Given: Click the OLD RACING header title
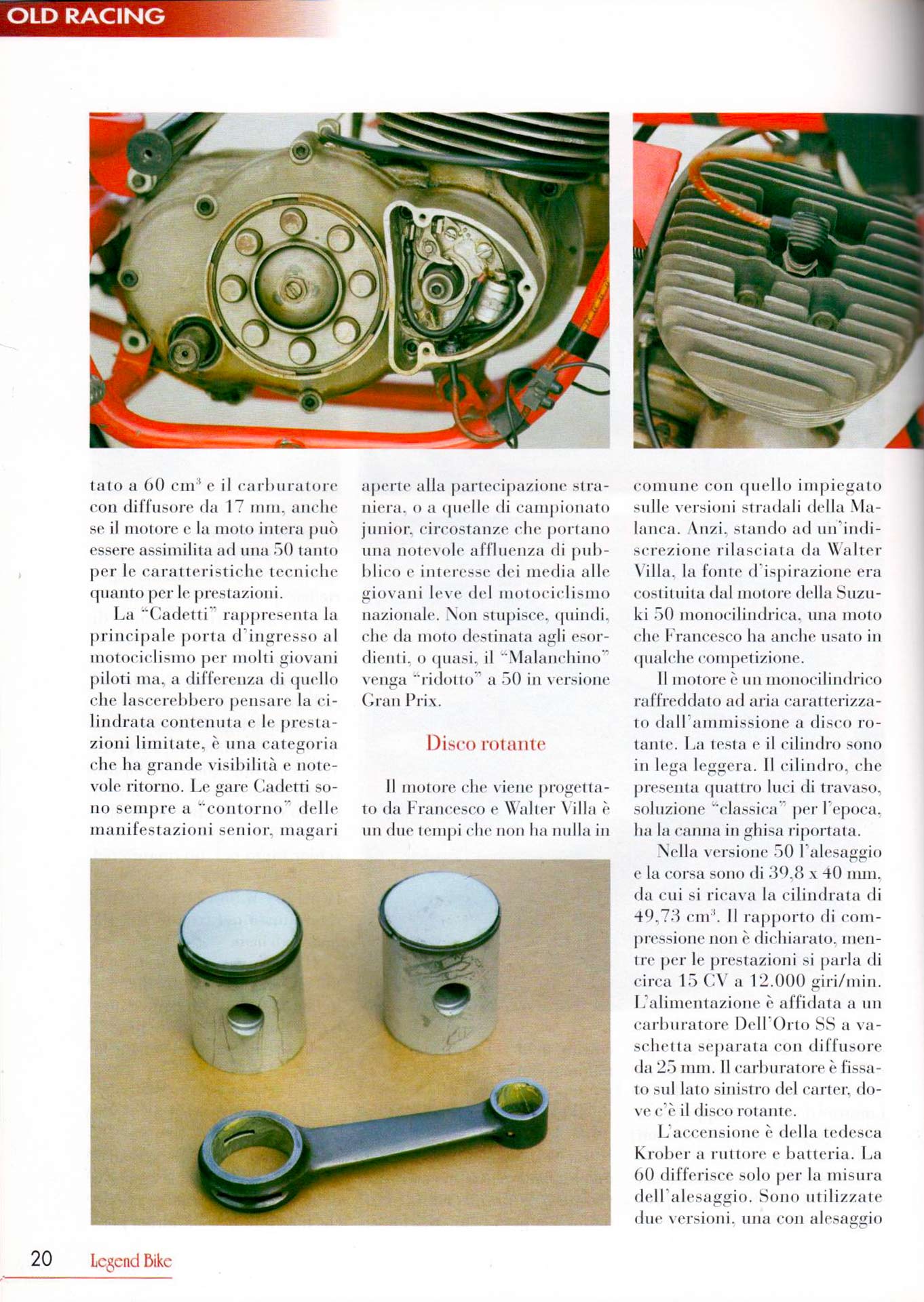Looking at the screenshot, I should (x=85, y=16).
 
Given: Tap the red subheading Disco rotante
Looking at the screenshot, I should (x=485, y=743).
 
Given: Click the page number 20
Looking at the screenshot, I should (x=41, y=1259).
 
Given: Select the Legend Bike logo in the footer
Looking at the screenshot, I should (x=131, y=1261).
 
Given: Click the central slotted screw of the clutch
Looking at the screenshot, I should (x=293, y=290).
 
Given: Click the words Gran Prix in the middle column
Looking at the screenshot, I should (x=401, y=701).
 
